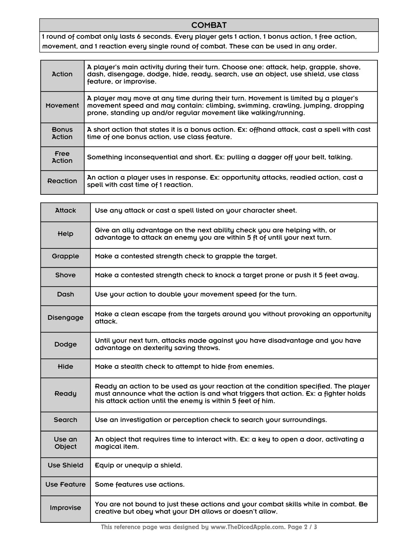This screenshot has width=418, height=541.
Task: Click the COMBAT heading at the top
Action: tap(209, 25)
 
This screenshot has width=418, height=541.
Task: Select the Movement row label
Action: tap(62, 105)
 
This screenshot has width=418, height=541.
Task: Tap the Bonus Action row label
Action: tap(62, 133)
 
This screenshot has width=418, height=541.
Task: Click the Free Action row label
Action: tap(62, 157)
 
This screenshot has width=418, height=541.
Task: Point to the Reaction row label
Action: tap(62, 181)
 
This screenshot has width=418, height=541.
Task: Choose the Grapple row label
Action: tap(65, 256)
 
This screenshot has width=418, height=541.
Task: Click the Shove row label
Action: tap(65, 275)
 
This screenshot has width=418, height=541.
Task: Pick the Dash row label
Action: tap(65, 294)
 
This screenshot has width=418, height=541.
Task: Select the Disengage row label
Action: tap(65, 318)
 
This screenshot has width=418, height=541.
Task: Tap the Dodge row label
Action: tap(65, 344)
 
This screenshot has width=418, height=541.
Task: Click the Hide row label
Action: tap(65, 367)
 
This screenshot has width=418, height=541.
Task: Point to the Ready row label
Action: tap(65, 394)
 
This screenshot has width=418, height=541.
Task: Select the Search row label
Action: tap(65, 420)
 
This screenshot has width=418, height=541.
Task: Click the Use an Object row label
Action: tap(65, 443)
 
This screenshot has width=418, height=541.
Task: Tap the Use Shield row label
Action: tap(65, 465)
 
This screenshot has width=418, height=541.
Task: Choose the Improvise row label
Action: tap(65, 508)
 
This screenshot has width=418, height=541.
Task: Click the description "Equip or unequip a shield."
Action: tap(139, 465)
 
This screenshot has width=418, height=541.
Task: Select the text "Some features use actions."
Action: tap(140, 484)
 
